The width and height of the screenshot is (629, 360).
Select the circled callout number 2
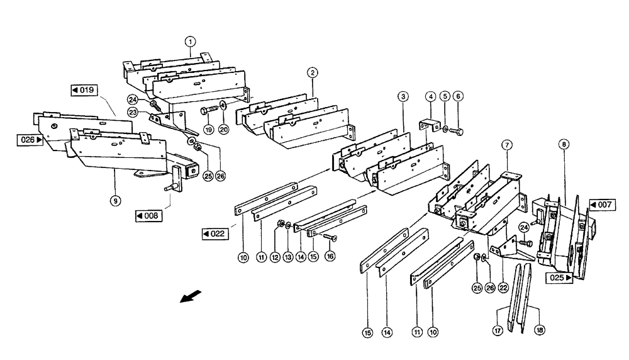click(x=312, y=72)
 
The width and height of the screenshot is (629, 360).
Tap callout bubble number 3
click(x=403, y=96)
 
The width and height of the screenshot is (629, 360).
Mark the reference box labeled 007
click(x=603, y=205)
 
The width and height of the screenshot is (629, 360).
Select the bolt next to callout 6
click(x=457, y=130)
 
